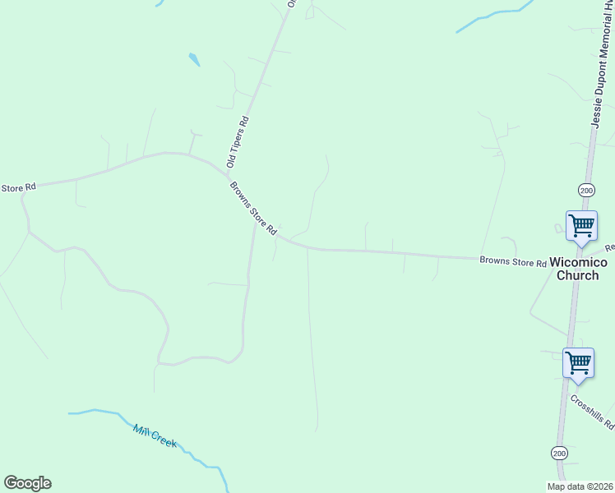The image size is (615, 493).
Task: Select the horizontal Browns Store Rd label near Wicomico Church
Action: click(x=514, y=262)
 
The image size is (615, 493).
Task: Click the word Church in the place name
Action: click(x=578, y=275)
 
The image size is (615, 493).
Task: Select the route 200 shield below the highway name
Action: click(x=585, y=190)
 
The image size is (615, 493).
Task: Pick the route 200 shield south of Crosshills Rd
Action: click(x=559, y=453)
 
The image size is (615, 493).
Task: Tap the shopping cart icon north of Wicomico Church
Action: click(x=581, y=225)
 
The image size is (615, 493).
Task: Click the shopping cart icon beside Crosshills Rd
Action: click(x=578, y=362)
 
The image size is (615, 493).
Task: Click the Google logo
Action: click(x=27, y=483)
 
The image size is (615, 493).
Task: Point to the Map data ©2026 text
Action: click(x=579, y=486)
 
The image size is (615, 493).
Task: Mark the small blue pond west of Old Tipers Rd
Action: click(x=194, y=59)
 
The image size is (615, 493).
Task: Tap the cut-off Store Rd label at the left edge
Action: click(x=18, y=188)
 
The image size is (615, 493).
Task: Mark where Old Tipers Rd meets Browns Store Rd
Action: click(x=229, y=173)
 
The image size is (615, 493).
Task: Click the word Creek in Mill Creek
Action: click(x=165, y=441)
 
